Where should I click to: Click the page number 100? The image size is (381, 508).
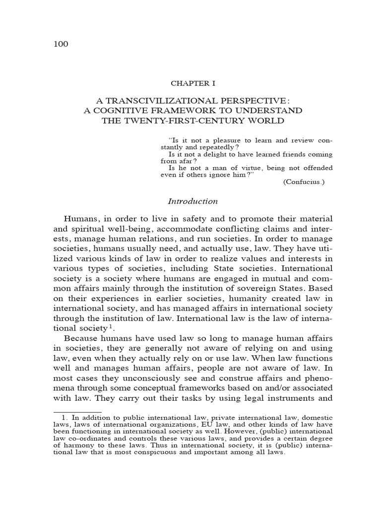pyautogui.click(x=60, y=44)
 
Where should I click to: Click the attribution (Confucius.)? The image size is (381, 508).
pyautogui.click(x=304, y=182)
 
